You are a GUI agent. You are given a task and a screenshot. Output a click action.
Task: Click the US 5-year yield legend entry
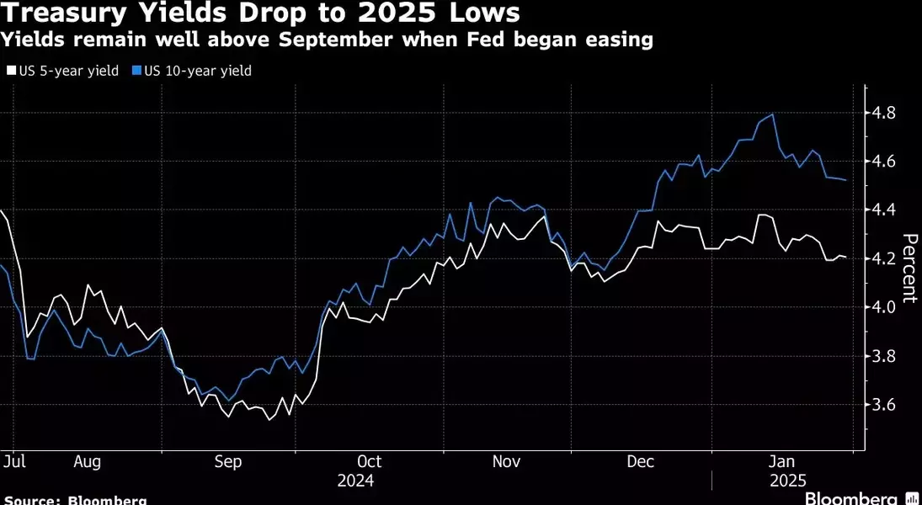[64, 71]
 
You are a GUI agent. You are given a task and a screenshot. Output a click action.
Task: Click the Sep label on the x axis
[228, 461]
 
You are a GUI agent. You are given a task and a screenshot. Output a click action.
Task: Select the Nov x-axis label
[505, 461]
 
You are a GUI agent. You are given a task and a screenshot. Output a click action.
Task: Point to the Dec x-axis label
[642, 461]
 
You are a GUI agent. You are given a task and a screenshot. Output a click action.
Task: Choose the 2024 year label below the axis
[355, 481]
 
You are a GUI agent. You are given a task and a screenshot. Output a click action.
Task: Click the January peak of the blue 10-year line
[773, 114]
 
